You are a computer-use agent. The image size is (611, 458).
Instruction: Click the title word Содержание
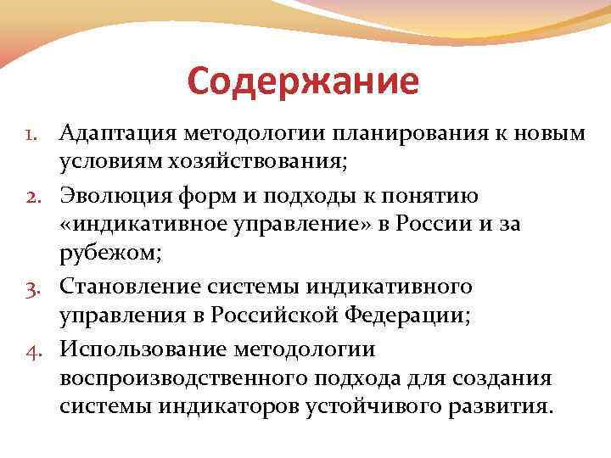[x=303, y=81]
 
